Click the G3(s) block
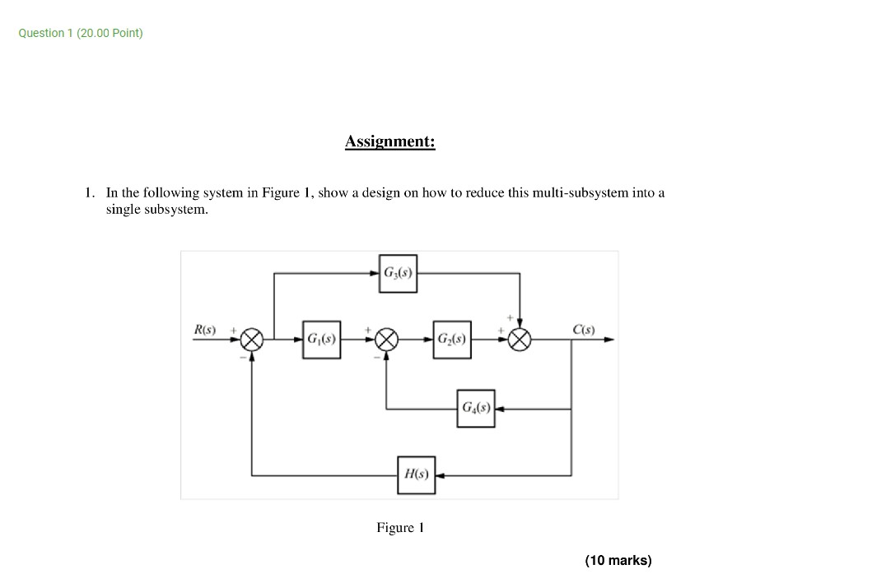point(399,273)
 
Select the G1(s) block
point(320,340)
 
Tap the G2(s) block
point(452,340)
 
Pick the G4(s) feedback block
point(476,408)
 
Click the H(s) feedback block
point(416,474)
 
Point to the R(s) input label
point(204,330)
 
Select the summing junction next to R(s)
point(252,340)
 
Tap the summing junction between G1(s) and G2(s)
point(387,340)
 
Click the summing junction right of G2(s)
point(520,340)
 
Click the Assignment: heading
point(389,141)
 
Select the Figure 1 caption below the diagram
point(399,527)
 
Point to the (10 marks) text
point(618,560)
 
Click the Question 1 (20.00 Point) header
point(81,33)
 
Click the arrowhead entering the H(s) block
point(440,475)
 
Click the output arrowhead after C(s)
point(609,340)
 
